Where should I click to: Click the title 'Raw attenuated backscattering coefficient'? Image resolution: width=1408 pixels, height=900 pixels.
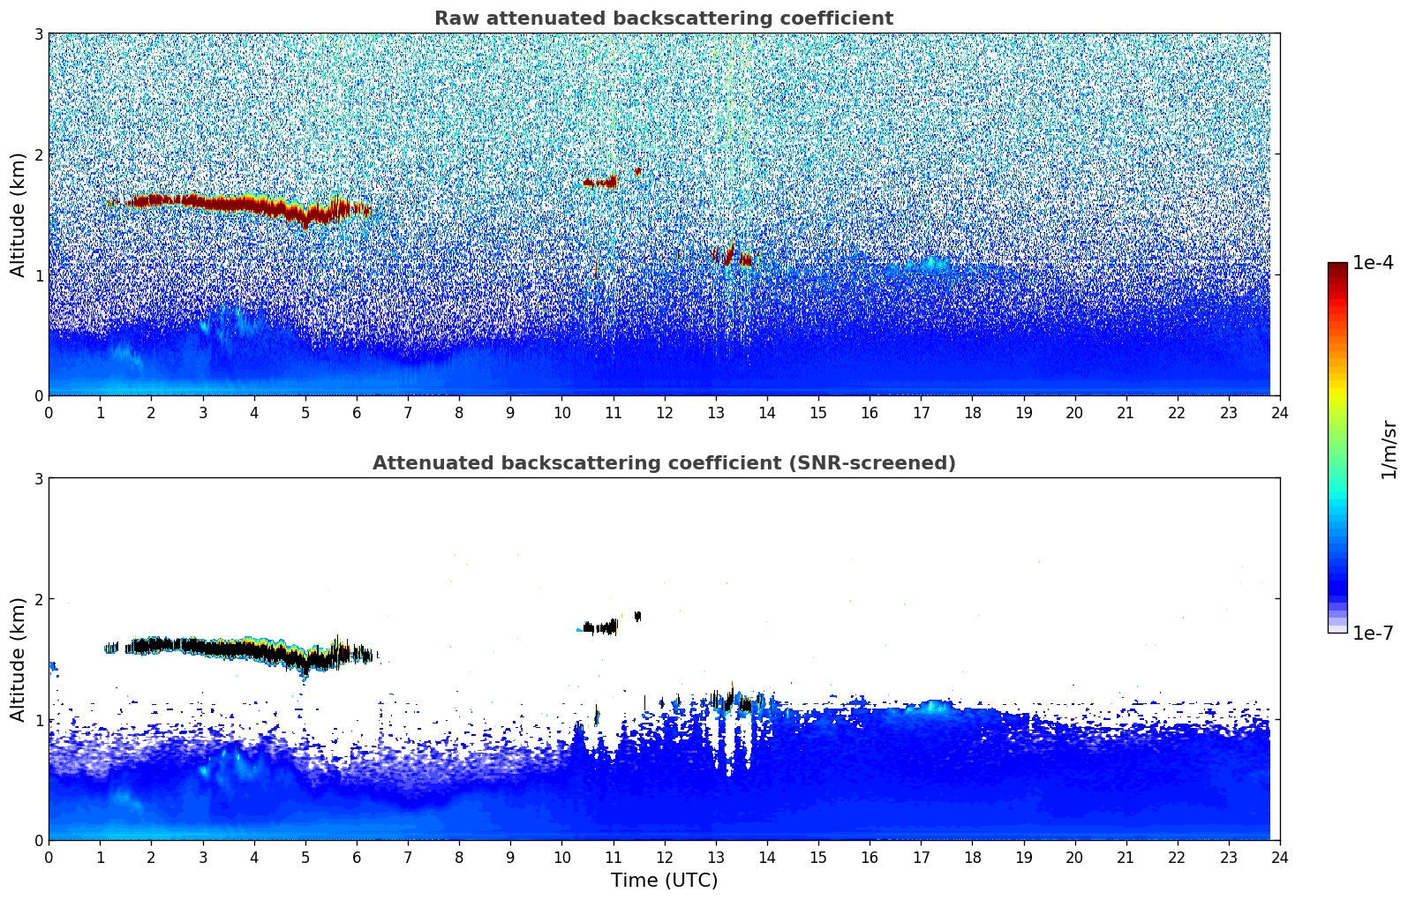[663, 19]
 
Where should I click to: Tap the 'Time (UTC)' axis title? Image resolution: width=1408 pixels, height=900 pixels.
[664, 881]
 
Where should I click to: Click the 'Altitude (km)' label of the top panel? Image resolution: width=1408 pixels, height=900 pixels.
[18, 214]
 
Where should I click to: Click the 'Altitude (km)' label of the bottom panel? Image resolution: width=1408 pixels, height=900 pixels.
[18, 659]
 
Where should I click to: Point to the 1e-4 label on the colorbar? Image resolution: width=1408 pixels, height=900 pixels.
[1373, 263]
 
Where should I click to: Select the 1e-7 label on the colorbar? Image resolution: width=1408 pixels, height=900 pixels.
[1373, 633]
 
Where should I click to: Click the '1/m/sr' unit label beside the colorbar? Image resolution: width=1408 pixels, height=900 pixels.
[1389, 449]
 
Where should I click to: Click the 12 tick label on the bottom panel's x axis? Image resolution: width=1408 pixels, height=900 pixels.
[664, 858]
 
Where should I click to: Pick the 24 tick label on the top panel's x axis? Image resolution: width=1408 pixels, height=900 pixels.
[1279, 413]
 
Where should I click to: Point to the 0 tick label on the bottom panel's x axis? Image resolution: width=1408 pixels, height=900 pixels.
[49, 858]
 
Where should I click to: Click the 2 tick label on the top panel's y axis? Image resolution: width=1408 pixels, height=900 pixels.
[38, 154]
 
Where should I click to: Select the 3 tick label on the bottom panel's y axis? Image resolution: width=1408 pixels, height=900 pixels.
[38, 478]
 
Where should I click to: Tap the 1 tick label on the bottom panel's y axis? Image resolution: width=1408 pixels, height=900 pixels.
[38, 720]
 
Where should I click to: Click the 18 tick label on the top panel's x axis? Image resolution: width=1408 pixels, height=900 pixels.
[972, 413]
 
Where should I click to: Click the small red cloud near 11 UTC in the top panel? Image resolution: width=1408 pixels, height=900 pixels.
[600, 183]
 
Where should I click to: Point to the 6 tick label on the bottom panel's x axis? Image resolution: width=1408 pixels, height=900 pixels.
[356, 858]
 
